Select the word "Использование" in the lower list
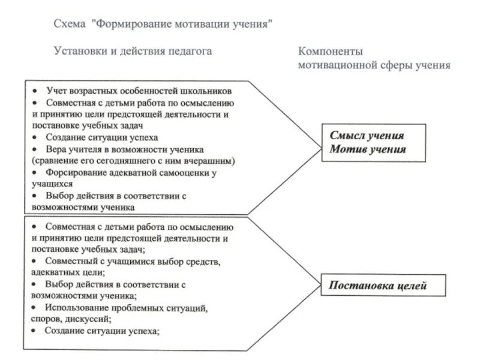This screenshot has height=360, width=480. (x=76, y=307)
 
